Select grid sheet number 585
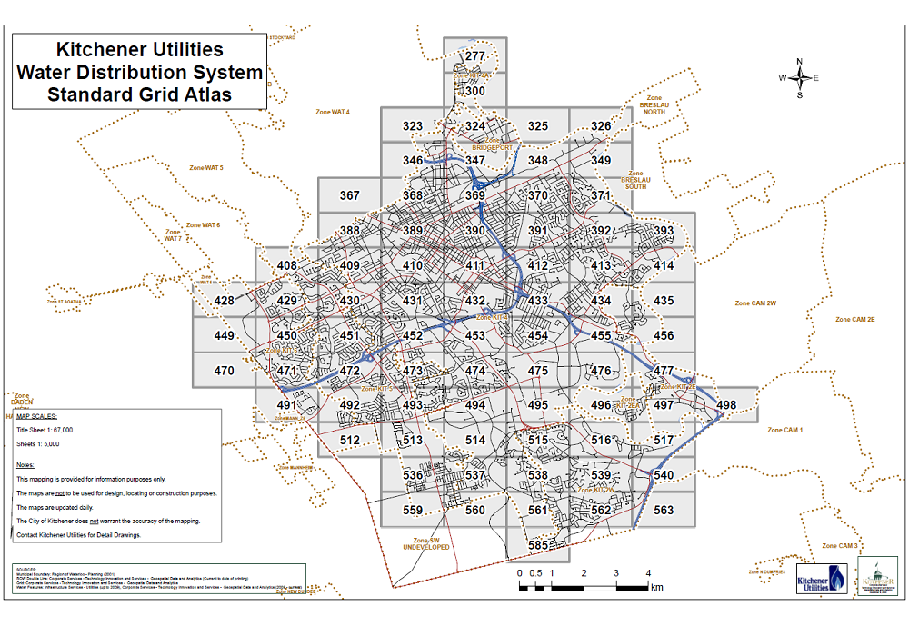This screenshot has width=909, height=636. tap(539, 545)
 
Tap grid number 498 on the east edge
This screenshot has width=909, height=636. tap(726, 404)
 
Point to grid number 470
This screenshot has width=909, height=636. tap(224, 371)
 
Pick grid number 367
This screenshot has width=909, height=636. tap(349, 195)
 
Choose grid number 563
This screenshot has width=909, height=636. tap(664, 510)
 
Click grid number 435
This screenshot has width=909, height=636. tap(664, 301)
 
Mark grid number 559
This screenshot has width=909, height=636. tap(413, 510)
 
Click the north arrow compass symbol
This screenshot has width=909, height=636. tap(800, 78)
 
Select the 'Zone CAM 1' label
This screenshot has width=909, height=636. tap(785, 430)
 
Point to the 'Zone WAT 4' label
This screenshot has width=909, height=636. tap(333, 112)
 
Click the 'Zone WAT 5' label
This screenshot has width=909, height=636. tap(205, 168)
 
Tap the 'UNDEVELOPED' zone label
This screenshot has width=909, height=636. tap(425, 549)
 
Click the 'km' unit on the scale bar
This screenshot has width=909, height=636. tap(656, 587)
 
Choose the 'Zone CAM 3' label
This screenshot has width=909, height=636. tap(840, 545)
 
